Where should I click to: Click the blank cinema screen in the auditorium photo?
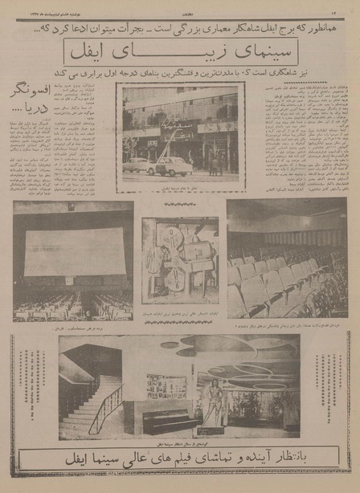click(74, 253)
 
